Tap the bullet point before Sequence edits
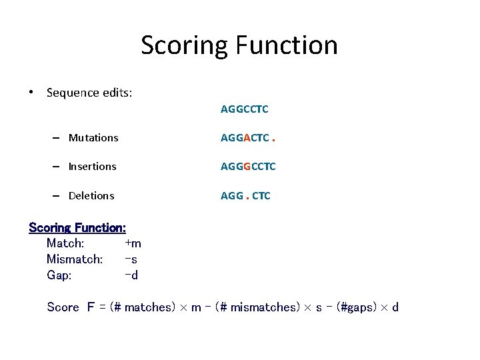coord(32,93)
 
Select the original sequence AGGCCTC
coord(245,109)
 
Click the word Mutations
coord(93,138)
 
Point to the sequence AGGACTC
coord(245,138)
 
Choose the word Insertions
coord(92,167)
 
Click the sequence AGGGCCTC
coord(248,167)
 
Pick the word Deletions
coord(91,196)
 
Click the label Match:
coord(65,243)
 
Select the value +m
coord(133,243)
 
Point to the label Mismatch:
coord(75,259)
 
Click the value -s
coord(131,259)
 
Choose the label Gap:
coord(59,275)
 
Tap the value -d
coord(131,275)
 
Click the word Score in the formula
coord(63,307)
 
